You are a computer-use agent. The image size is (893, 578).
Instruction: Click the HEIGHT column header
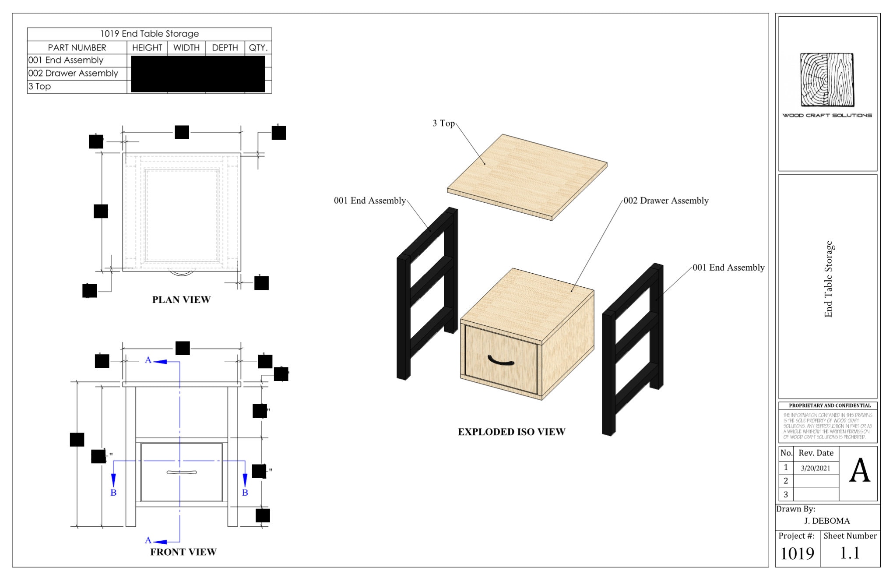(147, 48)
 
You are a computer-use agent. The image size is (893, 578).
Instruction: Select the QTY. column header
(258, 48)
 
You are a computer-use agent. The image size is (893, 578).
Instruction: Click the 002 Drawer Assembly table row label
(74, 73)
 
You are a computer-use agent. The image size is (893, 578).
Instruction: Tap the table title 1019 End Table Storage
(149, 34)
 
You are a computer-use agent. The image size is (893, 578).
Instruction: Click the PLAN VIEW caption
(181, 300)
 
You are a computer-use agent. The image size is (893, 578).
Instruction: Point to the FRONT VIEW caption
(183, 552)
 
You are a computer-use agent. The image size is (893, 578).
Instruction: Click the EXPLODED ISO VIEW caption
(511, 432)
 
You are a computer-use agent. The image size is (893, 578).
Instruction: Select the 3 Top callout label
(443, 123)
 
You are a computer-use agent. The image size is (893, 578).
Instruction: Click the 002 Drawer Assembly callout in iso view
(666, 201)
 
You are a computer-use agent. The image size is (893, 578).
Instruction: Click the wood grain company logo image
(827, 80)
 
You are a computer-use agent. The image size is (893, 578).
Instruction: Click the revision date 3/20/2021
(816, 468)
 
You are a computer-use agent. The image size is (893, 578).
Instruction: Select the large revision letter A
(859, 471)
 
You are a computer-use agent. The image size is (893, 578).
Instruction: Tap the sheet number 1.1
(850, 553)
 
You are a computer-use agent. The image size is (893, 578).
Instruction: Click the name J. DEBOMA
(827, 521)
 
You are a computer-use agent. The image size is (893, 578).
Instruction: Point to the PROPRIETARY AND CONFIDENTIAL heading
(830, 405)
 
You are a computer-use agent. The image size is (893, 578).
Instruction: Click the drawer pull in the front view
(182, 472)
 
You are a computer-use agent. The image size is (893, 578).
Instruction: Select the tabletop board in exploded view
(527, 177)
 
